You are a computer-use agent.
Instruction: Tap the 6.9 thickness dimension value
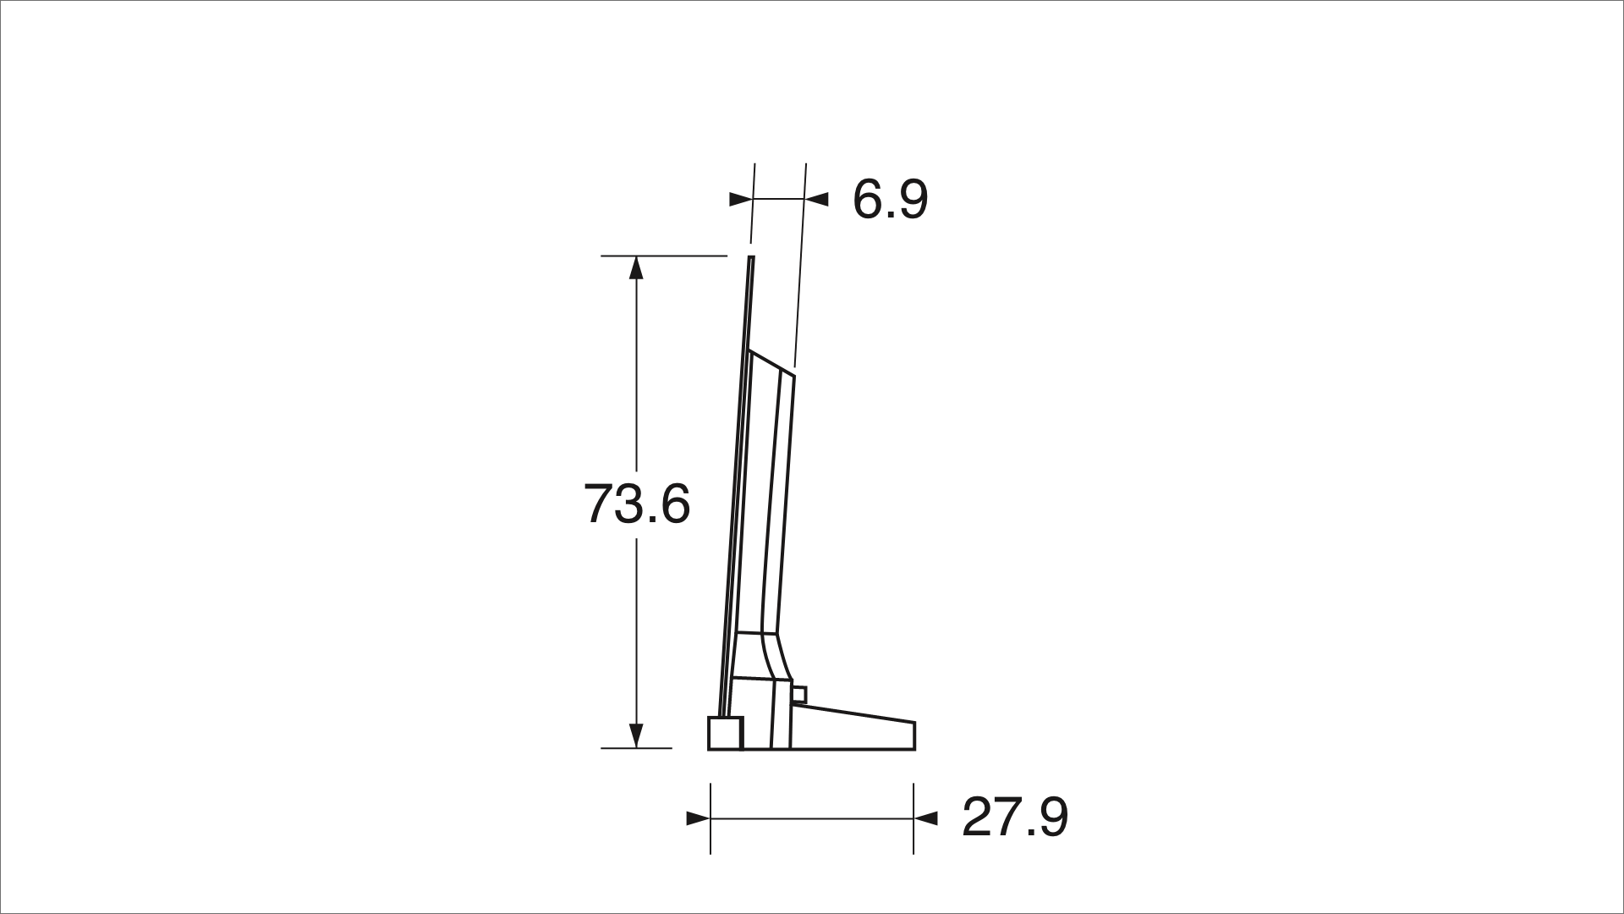point(890,200)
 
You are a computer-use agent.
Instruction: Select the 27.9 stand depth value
point(1015,817)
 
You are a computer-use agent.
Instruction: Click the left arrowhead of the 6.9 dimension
point(740,200)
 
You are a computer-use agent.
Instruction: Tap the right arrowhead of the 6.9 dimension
point(816,200)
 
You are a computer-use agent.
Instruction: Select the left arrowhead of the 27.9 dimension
point(698,818)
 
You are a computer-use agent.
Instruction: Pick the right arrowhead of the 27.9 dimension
point(926,818)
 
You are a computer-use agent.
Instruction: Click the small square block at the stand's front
point(725,733)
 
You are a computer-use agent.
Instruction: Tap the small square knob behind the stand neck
point(800,695)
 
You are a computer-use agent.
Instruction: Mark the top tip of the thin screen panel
point(751,258)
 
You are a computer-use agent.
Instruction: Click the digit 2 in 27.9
point(979,817)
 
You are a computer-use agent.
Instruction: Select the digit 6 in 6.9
point(868,200)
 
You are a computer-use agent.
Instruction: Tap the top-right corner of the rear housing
point(793,370)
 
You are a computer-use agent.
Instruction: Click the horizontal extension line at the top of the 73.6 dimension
point(664,256)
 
